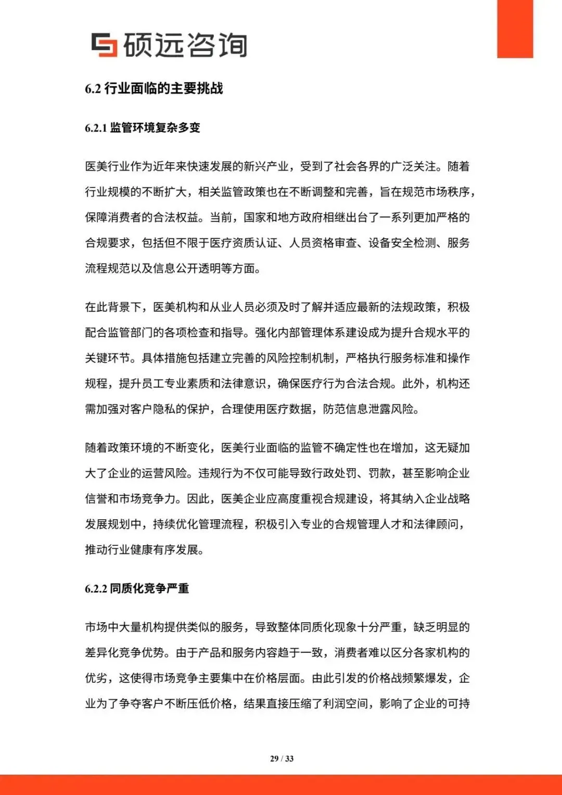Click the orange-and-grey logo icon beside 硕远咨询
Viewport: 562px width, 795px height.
coord(104,45)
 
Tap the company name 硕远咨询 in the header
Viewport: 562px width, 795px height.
coord(185,45)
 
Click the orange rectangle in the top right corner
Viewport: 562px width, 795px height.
coord(515,29)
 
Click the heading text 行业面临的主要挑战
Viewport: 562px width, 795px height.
coord(163,88)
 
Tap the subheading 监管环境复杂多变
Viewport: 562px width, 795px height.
coord(155,127)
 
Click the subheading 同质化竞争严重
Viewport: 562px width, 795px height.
coord(149,588)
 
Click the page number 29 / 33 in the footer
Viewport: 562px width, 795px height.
coord(282,759)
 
